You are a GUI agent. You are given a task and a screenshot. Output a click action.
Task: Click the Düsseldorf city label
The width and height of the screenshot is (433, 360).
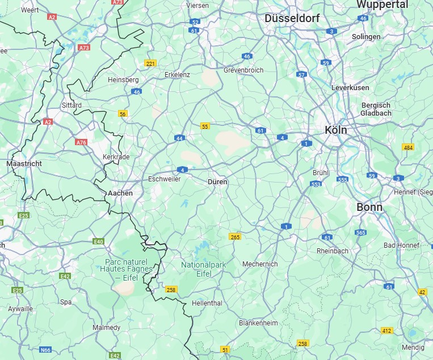[292, 18]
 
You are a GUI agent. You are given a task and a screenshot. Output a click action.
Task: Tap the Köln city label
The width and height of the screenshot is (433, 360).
[335, 130]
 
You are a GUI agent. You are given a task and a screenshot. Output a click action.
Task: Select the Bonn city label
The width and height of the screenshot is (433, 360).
[369, 207]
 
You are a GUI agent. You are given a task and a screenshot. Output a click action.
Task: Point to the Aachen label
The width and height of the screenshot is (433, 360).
[120, 193]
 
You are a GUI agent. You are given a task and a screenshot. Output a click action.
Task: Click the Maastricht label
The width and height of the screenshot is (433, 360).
[24, 163]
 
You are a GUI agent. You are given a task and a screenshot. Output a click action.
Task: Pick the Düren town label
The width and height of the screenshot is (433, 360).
[217, 182]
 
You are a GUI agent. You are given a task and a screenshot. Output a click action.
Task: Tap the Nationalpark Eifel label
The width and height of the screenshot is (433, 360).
[204, 269]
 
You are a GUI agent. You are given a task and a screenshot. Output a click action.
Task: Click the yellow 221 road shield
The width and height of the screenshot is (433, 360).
[150, 63]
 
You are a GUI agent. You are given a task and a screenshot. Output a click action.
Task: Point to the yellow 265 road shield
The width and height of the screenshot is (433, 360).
[236, 237]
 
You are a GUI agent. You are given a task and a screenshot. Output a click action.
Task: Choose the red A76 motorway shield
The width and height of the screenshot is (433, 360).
[81, 142]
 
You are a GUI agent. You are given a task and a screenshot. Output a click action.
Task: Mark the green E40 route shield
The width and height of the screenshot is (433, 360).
[99, 242]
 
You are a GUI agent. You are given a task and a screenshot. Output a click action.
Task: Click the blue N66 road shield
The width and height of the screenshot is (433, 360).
[45, 350]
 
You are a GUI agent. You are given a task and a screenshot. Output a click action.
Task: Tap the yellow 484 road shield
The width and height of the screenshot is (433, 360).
[408, 147]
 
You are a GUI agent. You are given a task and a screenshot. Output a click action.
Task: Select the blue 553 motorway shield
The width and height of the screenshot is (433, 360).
[316, 184]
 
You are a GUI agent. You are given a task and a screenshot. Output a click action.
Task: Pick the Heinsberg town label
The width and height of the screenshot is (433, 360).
[123, 80]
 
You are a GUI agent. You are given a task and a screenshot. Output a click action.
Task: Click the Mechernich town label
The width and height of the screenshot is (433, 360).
[260, 264]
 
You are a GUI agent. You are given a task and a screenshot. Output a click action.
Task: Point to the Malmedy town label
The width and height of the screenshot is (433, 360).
[107, 328]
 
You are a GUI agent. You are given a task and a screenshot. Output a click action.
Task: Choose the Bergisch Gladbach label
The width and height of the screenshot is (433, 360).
[376, 109]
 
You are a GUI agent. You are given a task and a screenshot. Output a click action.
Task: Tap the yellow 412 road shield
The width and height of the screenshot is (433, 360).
[387, 331]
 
